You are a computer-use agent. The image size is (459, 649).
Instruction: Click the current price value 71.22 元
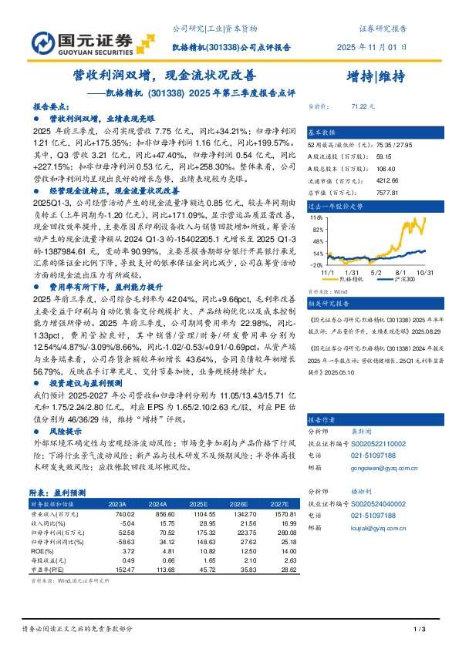point(362,106)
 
